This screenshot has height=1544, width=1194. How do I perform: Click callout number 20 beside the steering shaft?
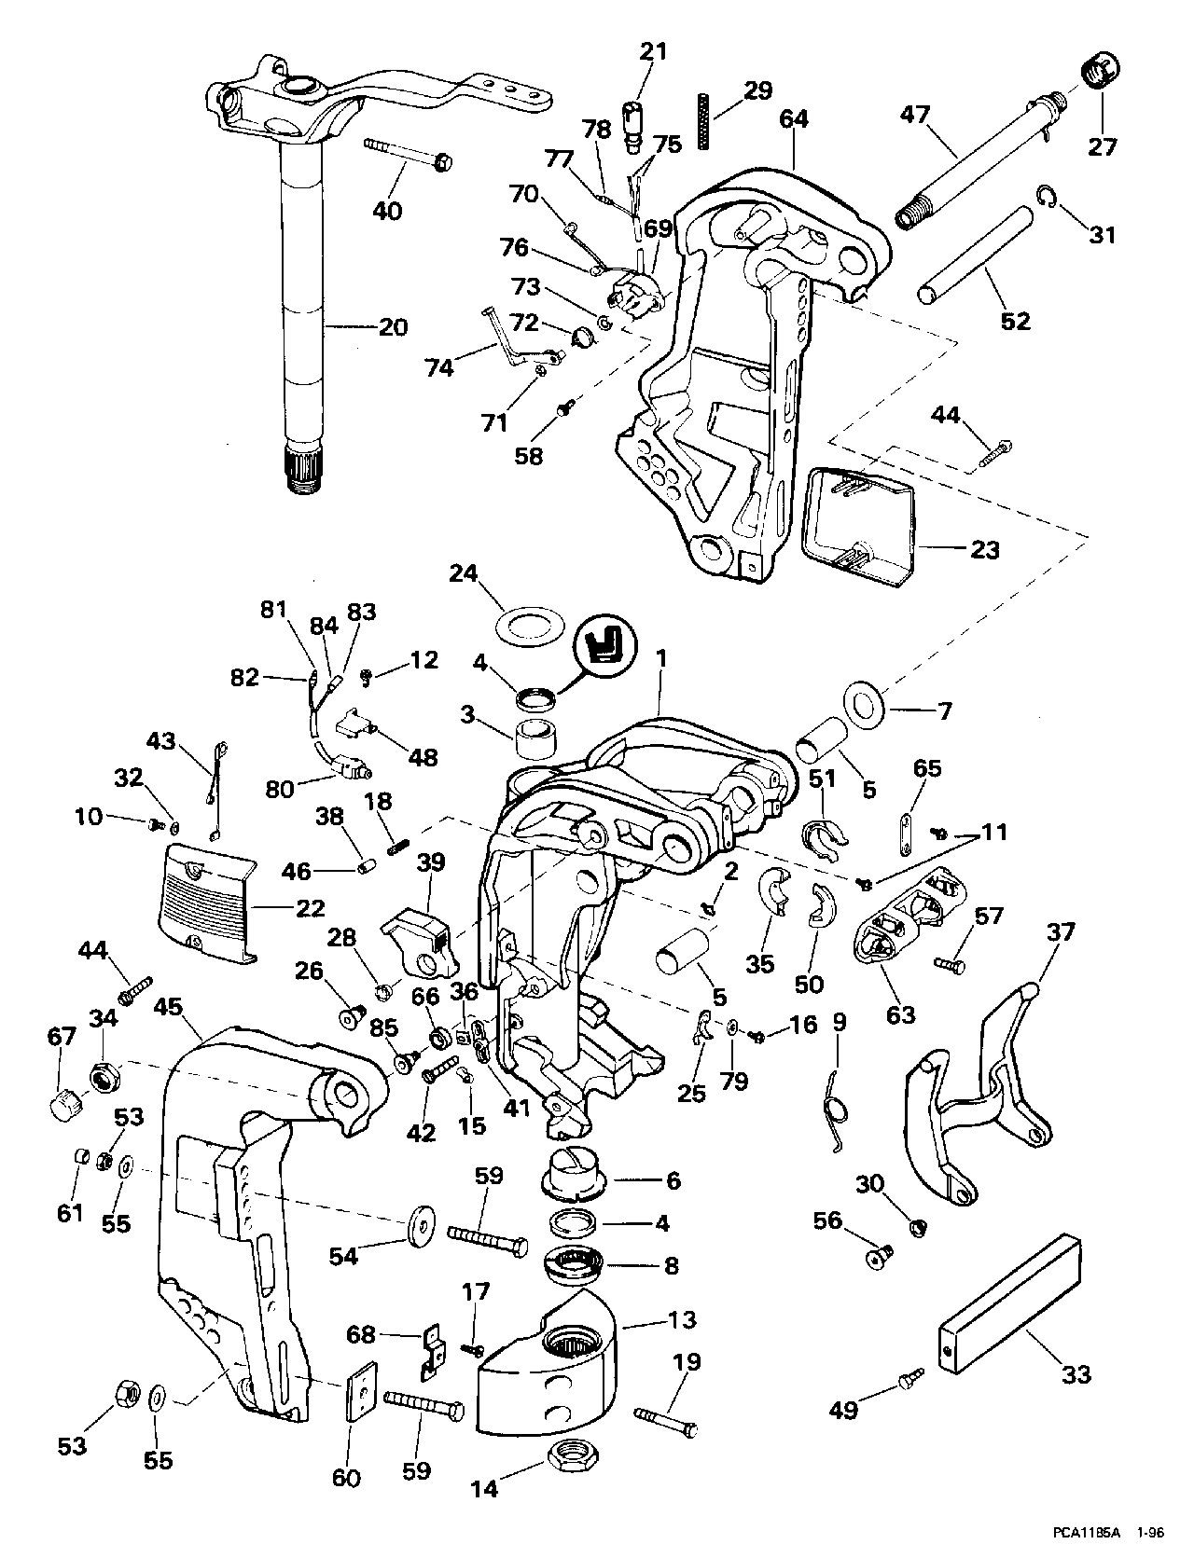(393, 328)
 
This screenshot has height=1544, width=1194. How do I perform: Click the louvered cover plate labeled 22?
(208, 903)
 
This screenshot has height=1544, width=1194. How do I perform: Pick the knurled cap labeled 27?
(1102, 74)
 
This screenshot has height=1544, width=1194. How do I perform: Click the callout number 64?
(795, 119)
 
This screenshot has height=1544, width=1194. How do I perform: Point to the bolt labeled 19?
(665, 1423)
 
